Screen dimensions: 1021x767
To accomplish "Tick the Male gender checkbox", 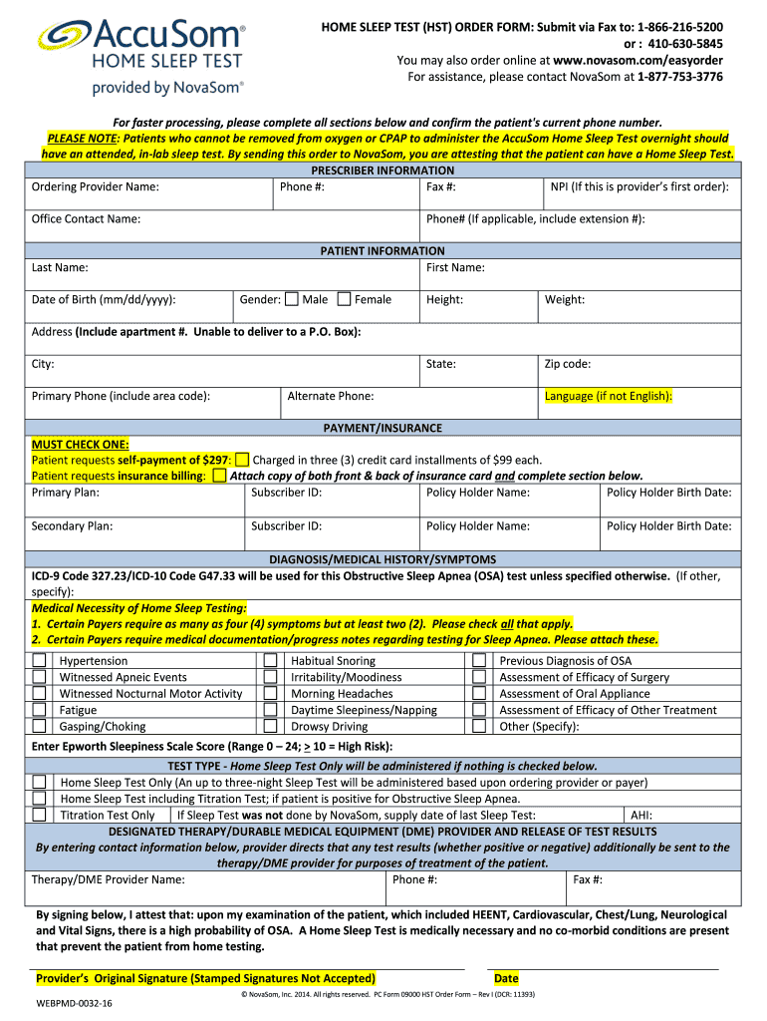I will click(292, 299).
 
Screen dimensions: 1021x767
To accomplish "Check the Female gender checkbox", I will click(344, 299).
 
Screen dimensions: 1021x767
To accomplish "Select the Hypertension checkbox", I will click(39, 661).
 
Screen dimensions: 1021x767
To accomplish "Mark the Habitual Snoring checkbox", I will click(270, 661).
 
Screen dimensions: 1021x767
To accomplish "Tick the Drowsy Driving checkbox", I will click(270, 727).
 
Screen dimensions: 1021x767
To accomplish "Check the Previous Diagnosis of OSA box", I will click(479, 661).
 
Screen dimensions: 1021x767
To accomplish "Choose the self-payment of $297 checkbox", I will click(242, 460).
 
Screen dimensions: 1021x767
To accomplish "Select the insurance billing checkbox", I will click(219, 476).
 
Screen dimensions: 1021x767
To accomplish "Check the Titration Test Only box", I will click(39, 815).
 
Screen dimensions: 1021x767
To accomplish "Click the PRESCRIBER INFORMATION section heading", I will click(383, 170).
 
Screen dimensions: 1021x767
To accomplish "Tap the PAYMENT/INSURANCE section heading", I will click(383, 428).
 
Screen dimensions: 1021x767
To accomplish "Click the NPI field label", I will click(639, 186).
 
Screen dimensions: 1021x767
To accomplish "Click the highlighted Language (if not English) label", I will click(608, 396).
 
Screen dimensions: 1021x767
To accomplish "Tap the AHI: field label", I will click(643, 815).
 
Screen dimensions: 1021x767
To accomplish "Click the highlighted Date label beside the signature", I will click(506, 978).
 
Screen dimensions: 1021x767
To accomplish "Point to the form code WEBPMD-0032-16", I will click(75, 1004).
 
